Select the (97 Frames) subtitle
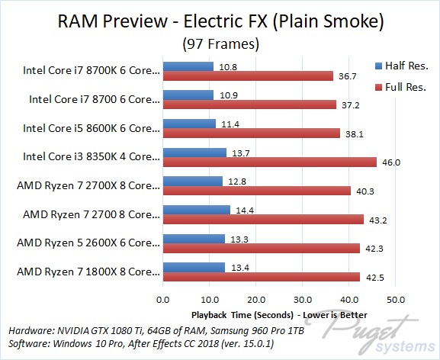220,44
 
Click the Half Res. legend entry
402,66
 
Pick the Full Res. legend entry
400,87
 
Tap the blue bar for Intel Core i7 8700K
188,66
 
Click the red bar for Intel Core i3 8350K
270,162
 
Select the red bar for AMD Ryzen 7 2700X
257,191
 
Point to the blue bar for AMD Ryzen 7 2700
197,210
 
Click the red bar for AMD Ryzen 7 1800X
262,277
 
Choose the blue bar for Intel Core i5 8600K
189,124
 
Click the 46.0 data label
391,162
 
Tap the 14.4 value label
245,211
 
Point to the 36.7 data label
348,76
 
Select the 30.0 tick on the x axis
303,300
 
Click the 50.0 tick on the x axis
395,300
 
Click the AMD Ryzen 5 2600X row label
88,243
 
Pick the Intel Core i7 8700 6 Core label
95,99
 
